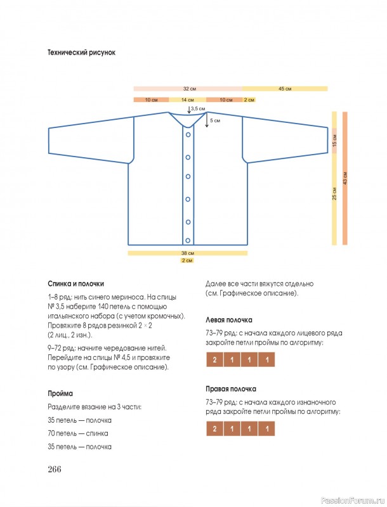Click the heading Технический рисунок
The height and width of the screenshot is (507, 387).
click(x=81, y=52)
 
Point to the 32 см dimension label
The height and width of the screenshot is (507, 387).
click(x=189, y=89)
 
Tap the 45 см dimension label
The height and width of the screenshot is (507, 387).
click(x=285, y=89)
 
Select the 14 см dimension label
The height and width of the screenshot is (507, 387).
click(x=187, y=100)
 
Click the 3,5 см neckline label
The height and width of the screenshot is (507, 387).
click(x=198, y=109)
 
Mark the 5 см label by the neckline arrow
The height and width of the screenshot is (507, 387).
click(x=215, y=120)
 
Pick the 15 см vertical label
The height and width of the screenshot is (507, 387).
click(x=334, y=141)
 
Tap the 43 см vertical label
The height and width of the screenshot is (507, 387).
click(x=345, y=178)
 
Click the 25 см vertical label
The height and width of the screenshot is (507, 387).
click(x=334, y=195)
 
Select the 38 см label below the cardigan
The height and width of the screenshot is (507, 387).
click(x=187, y=253)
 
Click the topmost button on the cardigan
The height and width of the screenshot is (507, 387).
click(x=188, y=134)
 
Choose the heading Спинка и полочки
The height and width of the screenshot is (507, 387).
click(x=75, y=284)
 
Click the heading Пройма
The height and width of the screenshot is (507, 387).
click(x=60, y=393)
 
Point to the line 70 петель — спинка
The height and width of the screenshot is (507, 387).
click(x=78, y=433)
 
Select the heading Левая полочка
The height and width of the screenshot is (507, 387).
click(x=229, y=320)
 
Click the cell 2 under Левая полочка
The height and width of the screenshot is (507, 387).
click(x=215, y=360)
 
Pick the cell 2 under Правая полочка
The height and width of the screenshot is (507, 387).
click(x=215, y=429)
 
